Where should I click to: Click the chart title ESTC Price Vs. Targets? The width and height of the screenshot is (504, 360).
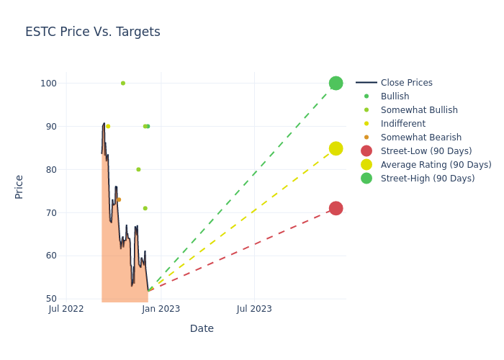(93, 32)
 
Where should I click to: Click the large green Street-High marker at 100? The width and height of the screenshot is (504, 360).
(336, 83)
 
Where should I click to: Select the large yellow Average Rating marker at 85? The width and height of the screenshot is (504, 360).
(336, 148)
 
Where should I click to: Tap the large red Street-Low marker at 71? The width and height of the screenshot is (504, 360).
(336, 208)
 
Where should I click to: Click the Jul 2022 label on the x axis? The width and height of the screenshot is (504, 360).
(66, 309)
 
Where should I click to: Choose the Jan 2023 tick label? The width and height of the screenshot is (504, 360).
(161, 309)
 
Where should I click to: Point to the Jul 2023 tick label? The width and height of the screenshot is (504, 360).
(254, 309)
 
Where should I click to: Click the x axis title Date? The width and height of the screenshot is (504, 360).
(202, 328)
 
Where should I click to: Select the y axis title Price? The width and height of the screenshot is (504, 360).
(19, 186)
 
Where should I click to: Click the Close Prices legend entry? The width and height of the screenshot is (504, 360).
(406, 83)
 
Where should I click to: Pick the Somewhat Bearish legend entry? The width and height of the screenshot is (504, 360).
(420, 138)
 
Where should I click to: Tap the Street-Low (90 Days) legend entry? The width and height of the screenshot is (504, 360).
(426, 151)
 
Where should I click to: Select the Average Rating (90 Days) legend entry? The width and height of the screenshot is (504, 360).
(436, 165)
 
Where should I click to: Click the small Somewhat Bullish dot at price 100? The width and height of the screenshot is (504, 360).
(123, 83)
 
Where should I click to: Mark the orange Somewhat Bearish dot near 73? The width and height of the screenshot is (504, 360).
(119, 199)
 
